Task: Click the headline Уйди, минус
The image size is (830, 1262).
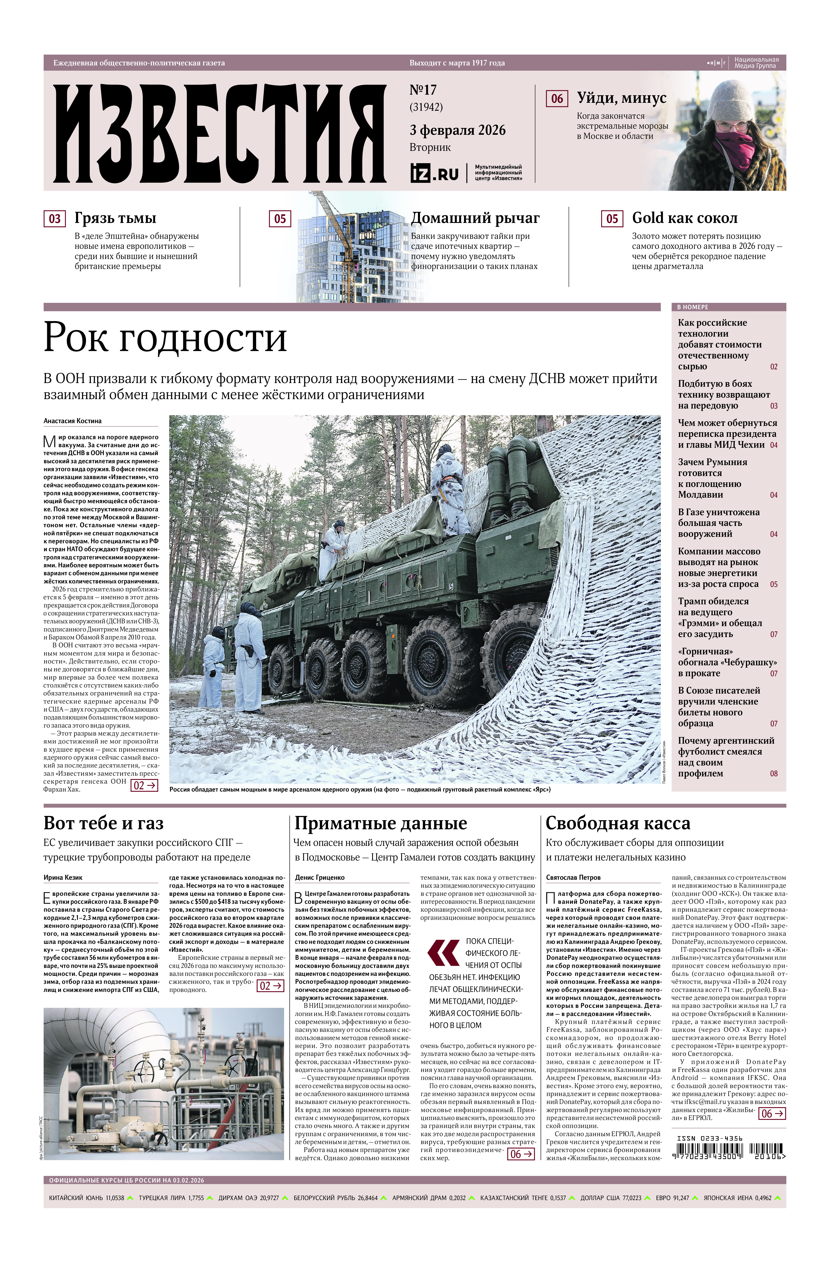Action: (x=621, y=98)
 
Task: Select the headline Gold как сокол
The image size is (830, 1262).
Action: (x=684, y=218)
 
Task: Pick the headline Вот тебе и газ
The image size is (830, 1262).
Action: (x=103, y=823)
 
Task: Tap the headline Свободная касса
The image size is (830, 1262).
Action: (x=618, y=823)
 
